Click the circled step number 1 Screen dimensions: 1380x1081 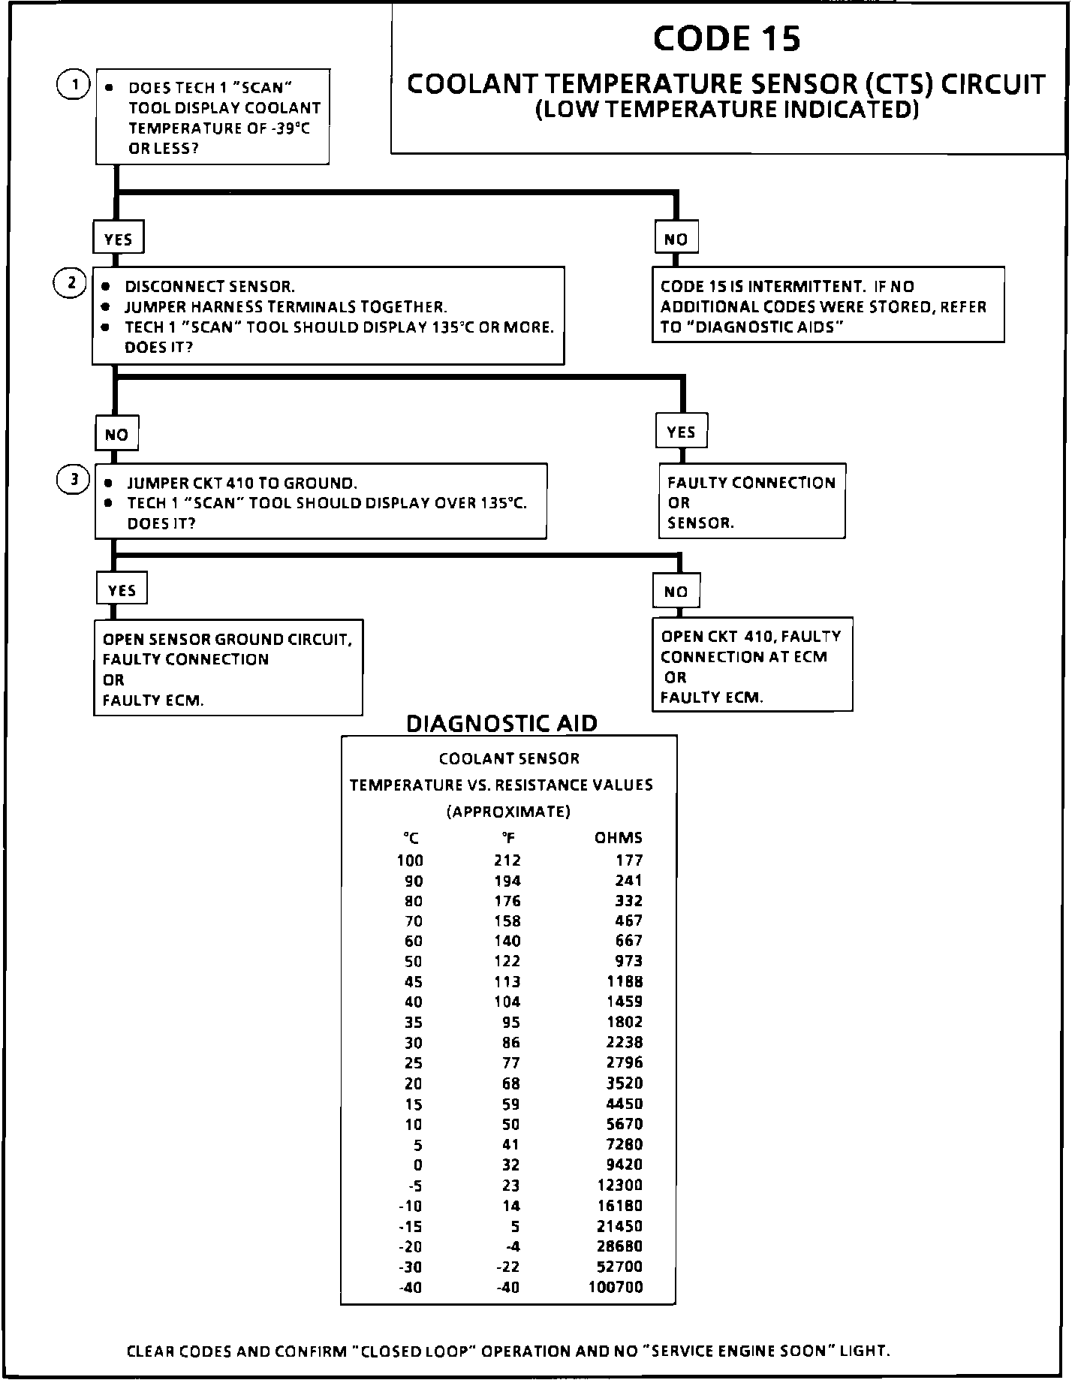pyautogui.click(x=74, y=84)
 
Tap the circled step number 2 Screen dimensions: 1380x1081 pyautogui.click(x=71, y=283)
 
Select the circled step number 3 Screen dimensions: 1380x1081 pyautogui.click(x=74, y=480)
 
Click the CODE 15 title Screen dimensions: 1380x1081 pyautogui.click(x=727, y=39)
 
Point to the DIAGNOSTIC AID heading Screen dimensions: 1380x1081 pyautogui.click(x=501, y=723)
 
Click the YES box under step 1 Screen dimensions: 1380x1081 pyautogui.click(x=118, y=239)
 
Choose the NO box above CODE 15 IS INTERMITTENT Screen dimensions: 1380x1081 pyautogui.click(x=676, y=239)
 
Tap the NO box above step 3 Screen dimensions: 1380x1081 pyautogui.click(x=116, y=435)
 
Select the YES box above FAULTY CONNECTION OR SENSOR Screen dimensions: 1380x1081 pyautogui.click(x=681, y=432)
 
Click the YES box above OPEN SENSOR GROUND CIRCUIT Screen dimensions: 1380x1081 pyautogui.click(x=122, y=590)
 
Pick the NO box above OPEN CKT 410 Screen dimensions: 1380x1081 pyautogui.click(x=676, y=592)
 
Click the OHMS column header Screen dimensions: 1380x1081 pyautogui.click(x=619, y=838)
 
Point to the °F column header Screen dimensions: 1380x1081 pyautogui.click(x=507, y=839)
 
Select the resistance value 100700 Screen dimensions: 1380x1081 pyautogui.click(x=616, y=1288)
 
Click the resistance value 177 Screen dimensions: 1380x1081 pyautogui.click(x=629, y=860)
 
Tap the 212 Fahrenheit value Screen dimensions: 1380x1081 pyautogui.click(x=507, y=860)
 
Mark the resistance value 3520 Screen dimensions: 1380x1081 pyautogui.click(x=624, y=1083)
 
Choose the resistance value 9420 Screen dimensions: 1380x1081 pyautogui.click(x=624, y=1165)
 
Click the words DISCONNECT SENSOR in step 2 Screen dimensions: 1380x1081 pyautogui.click(x=209, y=287)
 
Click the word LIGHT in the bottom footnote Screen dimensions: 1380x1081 pyautogui.click(x=864, y=1351)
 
